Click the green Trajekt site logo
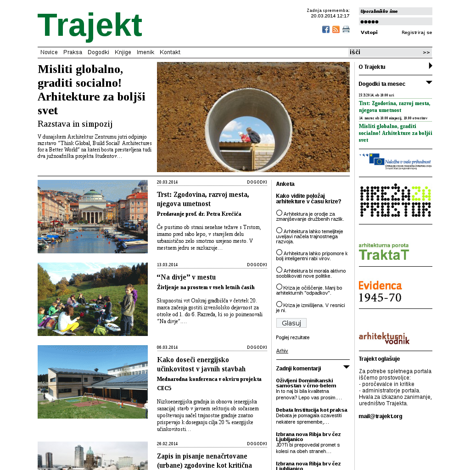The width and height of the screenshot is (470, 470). tap(90, 26)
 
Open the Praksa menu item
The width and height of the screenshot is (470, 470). tap(73, 52)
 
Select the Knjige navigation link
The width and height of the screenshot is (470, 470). tap(123, 52)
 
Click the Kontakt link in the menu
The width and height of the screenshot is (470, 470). tap(170, 52)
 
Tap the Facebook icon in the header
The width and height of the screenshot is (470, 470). tap(326, 29)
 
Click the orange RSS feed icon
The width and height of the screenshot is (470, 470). tap(336, 29)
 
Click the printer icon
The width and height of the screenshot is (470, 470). tap(346, 29)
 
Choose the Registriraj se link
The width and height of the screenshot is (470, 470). tap(417, 33)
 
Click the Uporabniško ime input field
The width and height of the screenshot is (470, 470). tap(396, 11)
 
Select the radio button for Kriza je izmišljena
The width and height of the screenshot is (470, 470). tap(279, 304)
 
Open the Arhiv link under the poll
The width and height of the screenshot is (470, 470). tap(282, 351)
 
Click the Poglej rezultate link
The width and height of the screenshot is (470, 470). tap(293, 337)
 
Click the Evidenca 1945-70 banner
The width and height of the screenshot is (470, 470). tap(380, 291)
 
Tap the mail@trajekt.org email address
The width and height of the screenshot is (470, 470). tap(380, 416)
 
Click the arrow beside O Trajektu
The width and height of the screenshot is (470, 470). tap(431, 66)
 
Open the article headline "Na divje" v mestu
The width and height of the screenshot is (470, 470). tap(186, 277)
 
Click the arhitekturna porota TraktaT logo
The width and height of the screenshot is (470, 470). tap(384, 252)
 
